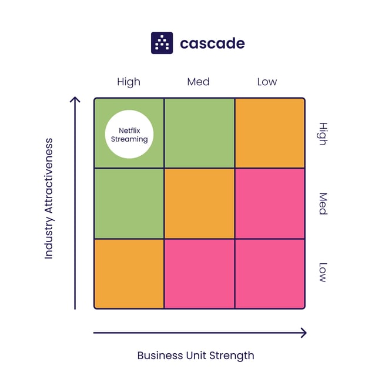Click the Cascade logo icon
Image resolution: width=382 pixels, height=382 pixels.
coord(162,43)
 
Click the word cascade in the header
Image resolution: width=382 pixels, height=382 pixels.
coord(212,43)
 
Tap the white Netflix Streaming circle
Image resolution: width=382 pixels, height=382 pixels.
coord(129,135)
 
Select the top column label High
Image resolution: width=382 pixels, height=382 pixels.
coord(129,82)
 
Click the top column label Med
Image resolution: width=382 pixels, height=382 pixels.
coord(198,82)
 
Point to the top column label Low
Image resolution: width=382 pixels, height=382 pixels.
coord(267,82)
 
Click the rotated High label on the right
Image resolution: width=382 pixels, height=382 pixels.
coord(322,134)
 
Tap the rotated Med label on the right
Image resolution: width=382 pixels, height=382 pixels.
coord(322,203)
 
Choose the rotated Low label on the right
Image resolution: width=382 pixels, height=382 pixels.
coord(322,273)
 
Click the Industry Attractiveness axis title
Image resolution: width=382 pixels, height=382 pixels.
coord(49,199)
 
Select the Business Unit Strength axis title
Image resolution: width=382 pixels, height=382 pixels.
coord(196,355)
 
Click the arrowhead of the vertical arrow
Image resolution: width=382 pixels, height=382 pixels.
coord(75,100)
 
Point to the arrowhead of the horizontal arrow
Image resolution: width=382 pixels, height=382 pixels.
coord(303,333)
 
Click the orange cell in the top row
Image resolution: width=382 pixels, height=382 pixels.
coord(270,133)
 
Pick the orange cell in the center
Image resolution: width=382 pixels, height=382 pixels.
coord(199,203)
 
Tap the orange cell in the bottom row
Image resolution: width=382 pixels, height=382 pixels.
coord(129,273)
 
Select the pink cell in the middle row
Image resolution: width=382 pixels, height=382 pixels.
coord(270,203)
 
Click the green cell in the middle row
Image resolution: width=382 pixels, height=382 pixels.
coord(129,203)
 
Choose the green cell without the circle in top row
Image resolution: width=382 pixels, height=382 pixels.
coord(199,133)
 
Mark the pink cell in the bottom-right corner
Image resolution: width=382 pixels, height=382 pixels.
coord(270,273)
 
